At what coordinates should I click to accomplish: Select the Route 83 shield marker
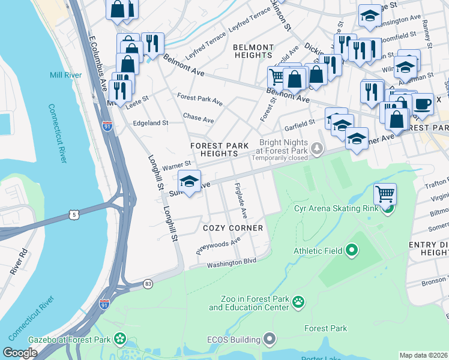tap(148, 283)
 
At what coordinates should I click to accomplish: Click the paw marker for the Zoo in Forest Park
tap(298, 302)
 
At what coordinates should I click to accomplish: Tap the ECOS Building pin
tap(270, 340)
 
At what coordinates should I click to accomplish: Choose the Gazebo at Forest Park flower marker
tap(120, 340)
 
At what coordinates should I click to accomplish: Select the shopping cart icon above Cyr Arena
tap(385, 194)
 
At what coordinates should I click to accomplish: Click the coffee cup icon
tap(423, 103)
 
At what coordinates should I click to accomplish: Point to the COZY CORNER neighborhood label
tap(233, 228)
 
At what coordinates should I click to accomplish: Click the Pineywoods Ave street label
tap(218, 245)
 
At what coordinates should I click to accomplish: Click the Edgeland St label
tap(151, 123)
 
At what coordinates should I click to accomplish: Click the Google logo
tap(20, 353)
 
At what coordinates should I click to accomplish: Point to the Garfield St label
tap(300, 124)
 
